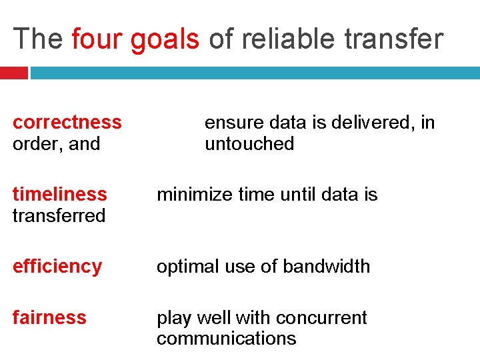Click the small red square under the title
(x=13, y=73)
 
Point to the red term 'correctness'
(x=67, y=122)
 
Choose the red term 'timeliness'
(x=59, y=194)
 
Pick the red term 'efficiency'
(x=57, y=266)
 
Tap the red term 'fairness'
(x=49, y=317)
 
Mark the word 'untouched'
(x=249, y=143)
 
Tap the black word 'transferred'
(x=59, y=215)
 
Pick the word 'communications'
(x=226, y=339)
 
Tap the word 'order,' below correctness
(x=33, y=144)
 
